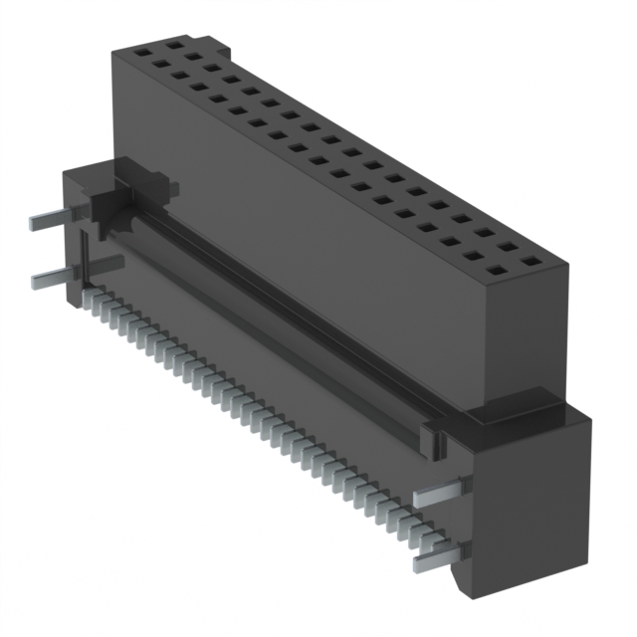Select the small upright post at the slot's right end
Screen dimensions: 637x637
[430, 438]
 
